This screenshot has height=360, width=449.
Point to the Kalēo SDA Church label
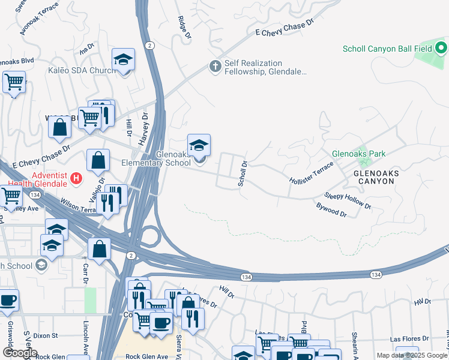click(82, 71)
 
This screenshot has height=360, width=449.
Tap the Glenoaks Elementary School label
click(156, 158)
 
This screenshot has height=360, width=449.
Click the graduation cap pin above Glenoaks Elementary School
click(199, 145)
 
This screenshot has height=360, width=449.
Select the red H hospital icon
click(76, 178)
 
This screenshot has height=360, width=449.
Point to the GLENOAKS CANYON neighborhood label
click(376, 177)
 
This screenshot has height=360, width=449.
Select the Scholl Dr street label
click(243, 173)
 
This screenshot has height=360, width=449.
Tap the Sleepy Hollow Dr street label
click(348, 200)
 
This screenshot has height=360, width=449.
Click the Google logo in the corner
click(20, 353)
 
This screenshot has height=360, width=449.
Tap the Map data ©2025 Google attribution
click(412, 355)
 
